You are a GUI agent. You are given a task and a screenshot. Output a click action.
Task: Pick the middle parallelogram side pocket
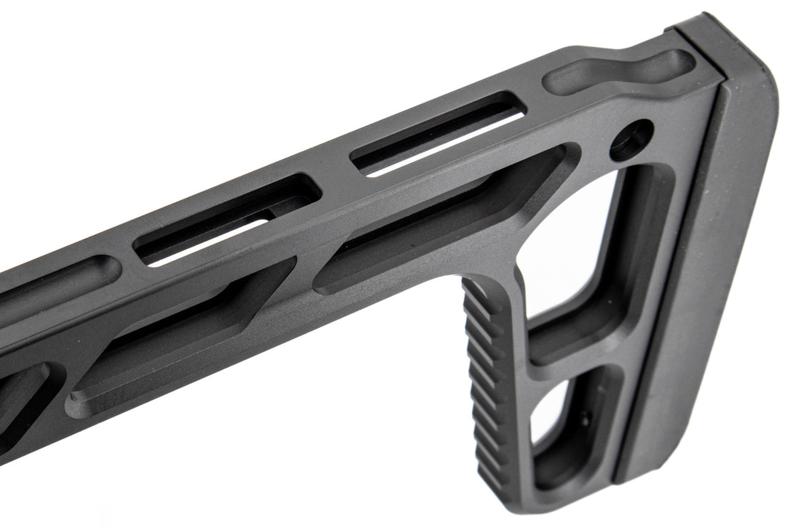184,340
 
